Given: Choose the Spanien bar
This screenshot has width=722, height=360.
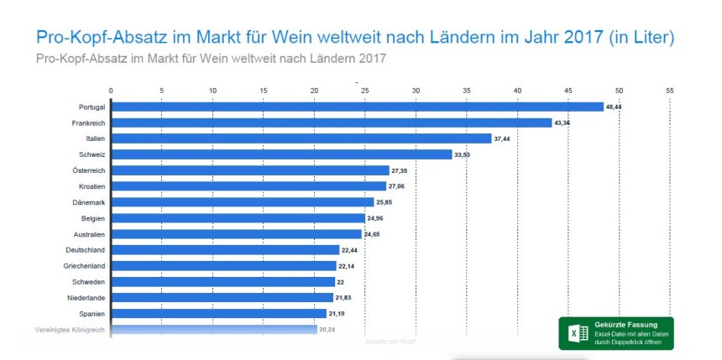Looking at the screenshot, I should coord(218,313).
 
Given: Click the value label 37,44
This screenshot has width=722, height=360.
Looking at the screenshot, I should coord(506,138).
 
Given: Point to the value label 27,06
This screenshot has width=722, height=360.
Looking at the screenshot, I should coord(400,186).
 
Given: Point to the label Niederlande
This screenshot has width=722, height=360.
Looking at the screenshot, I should coord(86,298).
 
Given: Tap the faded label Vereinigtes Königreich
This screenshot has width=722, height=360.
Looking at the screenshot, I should coord(69,330).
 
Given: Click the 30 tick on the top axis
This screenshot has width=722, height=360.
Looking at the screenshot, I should coord(416,90).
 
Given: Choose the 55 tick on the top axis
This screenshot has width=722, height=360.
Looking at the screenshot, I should coord(670,90).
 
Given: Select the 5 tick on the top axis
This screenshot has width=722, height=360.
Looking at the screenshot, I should coord(161,90).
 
